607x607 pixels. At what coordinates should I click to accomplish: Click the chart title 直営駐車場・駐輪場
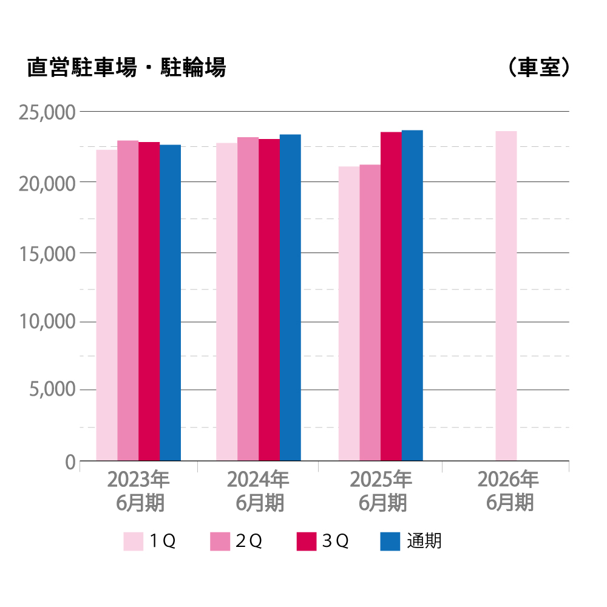click(126, 67)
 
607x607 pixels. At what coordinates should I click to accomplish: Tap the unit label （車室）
click(538, 67)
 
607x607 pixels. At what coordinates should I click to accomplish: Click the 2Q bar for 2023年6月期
click(128, 301)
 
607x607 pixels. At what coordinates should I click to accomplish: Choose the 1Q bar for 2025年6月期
click(349, 314)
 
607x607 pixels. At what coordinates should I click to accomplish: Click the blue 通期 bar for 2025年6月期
click(412, 296)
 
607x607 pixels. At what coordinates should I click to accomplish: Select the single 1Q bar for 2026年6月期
click(506, 296)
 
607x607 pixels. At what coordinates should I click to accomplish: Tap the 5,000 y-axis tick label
click(52, 390)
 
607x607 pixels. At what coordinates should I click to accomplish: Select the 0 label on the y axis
click(70, 463)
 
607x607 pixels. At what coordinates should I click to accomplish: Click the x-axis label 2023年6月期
click(138, 491)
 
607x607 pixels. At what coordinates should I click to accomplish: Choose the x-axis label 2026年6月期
click(508, 491)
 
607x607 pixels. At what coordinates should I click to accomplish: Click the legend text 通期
click(424, 541)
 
